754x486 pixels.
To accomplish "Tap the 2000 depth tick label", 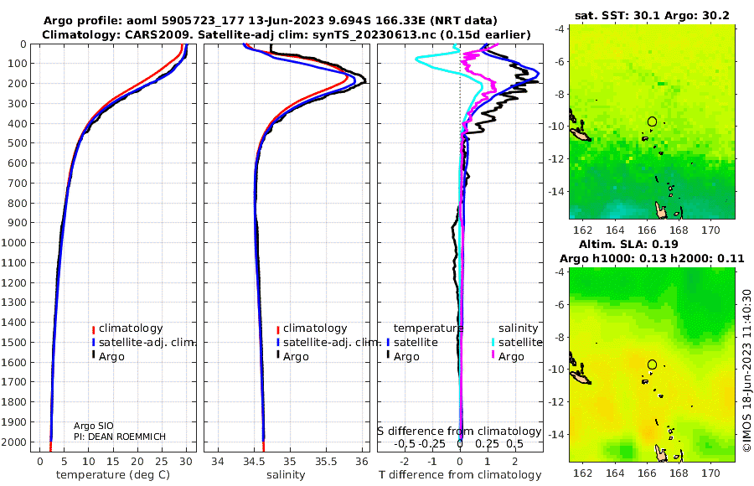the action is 13,442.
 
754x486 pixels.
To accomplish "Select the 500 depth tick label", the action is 17,143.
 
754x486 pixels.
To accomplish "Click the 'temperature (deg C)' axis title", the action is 113,475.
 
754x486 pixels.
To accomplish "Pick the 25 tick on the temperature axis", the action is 162,462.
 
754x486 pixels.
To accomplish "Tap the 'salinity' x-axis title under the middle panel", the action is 286,475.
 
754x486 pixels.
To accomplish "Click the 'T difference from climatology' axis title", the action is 460,475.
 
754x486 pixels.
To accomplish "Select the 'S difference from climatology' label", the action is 459,432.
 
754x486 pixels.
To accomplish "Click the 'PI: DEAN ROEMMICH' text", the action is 119,437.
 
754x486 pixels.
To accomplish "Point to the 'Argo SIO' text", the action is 93,426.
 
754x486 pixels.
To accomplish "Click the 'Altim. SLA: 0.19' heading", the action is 628,244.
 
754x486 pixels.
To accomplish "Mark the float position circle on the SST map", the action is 652,121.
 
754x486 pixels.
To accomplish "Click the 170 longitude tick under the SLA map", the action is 710,473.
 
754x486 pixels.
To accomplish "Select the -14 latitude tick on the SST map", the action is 557,191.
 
